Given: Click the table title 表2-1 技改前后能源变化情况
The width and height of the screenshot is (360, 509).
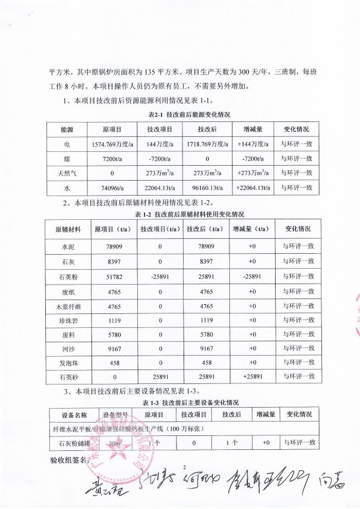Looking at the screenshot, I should [x=189, y=114].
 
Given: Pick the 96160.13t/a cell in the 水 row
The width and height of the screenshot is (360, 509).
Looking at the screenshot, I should [x=206, y=188].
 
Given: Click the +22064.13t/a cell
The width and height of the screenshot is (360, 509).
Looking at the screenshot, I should [x=254, y=188].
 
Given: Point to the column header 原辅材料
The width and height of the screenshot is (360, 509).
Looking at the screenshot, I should [x=68, y=229].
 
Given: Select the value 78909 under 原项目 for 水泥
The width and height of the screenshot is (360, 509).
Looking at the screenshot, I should [x=114, y=247].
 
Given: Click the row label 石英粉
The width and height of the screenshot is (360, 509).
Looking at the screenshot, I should [x=68, y=276].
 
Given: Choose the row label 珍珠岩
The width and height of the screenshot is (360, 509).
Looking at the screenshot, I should [x=68, y=320].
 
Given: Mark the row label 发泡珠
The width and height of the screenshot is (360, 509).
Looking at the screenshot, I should [x=68, y=363].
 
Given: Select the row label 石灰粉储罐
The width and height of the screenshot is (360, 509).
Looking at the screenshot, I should [x=68, y=443].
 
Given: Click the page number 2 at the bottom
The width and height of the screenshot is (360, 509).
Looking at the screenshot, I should [x=183, y=467].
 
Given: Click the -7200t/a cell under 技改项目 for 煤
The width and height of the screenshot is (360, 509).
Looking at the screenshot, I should [x=159, y=159].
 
